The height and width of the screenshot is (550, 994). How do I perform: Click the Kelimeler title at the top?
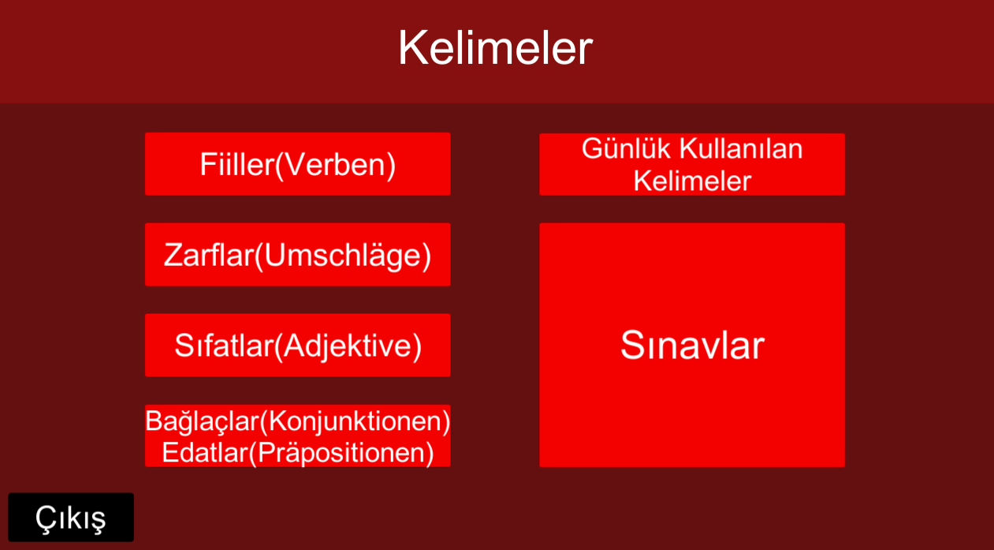click(495, 47)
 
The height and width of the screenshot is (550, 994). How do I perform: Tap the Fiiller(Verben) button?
click(298, 164)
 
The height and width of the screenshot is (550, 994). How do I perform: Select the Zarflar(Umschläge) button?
click(298, 255)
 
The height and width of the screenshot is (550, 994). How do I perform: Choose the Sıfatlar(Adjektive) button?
click(298, 345)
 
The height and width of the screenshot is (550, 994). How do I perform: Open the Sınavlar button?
click(692, 345)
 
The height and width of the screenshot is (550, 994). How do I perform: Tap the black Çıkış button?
click(71, 517)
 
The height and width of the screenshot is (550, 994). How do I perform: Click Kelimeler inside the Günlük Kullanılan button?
click(692, 181)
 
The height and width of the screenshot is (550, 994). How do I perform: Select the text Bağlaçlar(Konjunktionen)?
click(298, 421)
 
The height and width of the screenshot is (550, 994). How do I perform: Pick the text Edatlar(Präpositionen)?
click(298, 453)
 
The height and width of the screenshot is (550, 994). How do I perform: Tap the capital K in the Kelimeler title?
click(413, 47)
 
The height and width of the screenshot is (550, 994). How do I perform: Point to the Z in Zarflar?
click(173, 255)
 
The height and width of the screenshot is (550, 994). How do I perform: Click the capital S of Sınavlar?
click(634, 345)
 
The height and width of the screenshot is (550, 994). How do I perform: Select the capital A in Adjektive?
click(294, 346)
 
